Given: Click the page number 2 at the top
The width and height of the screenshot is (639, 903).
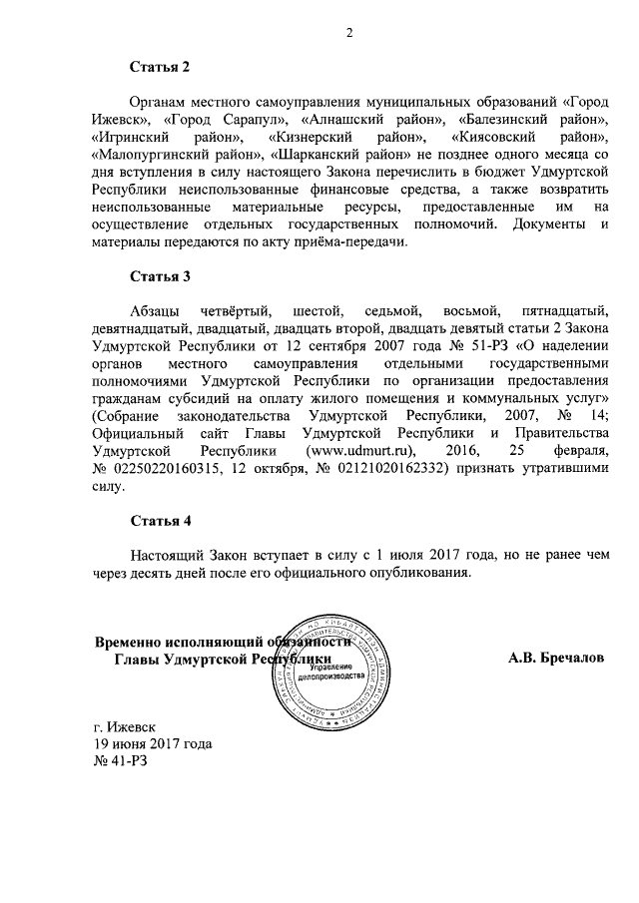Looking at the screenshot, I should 350,33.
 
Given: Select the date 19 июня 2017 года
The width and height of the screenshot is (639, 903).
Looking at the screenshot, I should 151,744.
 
